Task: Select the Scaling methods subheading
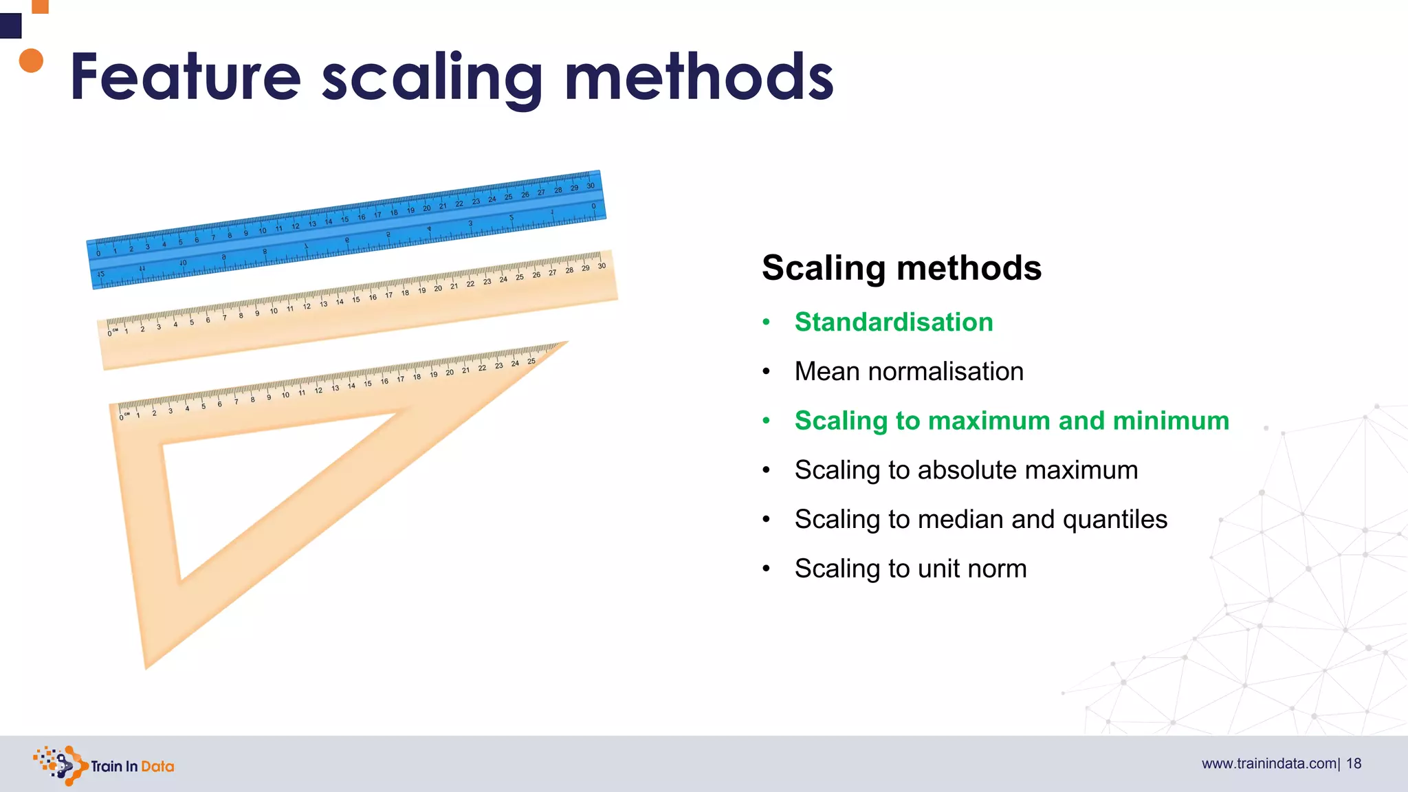[901, 267]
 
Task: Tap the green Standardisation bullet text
[893, 322]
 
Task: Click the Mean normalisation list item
[908, 371]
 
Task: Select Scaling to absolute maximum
[965, 470]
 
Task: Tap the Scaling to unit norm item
[910, 569]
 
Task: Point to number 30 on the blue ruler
[590, 186]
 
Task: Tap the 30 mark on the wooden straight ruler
[602, 266]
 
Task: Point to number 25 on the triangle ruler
[531, 361]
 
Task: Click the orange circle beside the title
[31, 60]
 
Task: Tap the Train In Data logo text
[132, 766]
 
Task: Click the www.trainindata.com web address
[1268, 764]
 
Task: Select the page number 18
[1354, 764]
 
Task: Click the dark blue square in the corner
[10, 26]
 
